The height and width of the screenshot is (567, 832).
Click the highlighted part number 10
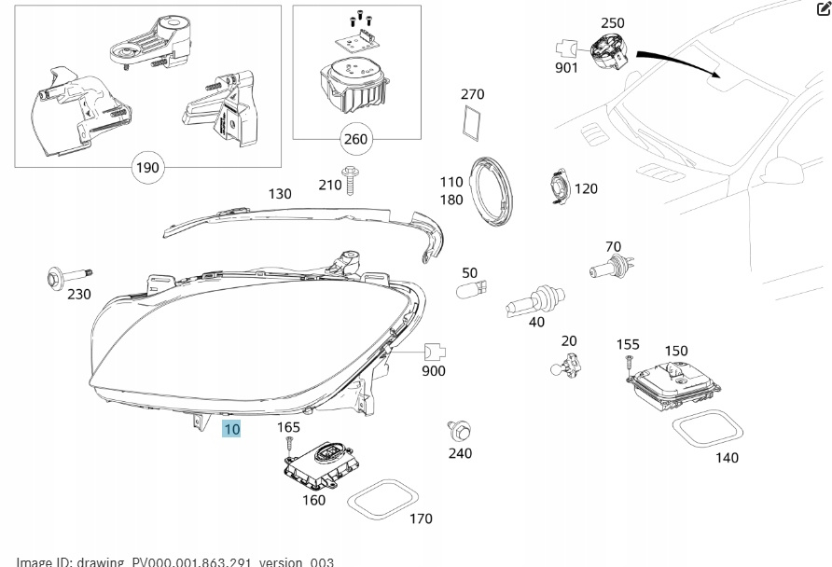click(231, 429)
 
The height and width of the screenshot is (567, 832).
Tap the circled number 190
click(148, 168)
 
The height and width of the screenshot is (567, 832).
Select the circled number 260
click(355, 140)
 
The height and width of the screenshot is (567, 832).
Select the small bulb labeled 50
click(467, 293)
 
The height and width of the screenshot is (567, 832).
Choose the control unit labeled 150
click(677, 381)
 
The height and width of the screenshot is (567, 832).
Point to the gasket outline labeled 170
click(383, 497)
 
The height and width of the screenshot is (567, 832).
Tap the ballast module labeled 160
click(320, 462)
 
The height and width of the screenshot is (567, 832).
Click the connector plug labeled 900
click(434, 352)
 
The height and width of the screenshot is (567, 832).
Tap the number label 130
click(280, 194)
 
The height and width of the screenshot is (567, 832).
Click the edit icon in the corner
click(822, 8)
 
